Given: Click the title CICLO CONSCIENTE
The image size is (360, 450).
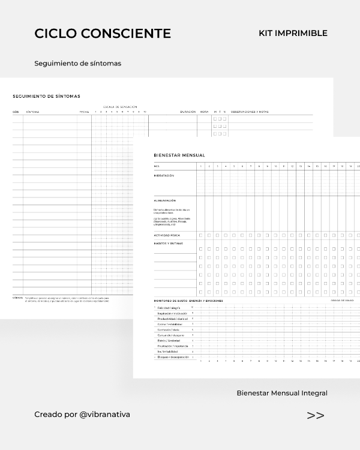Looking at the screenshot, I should click(x=103, y=34).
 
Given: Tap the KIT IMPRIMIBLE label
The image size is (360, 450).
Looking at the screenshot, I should click(x=293, y=34).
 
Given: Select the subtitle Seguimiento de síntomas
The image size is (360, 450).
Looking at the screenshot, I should click(x=78, y=63).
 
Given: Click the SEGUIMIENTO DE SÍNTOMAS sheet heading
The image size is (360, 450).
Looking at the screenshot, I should click(x=46, y=96).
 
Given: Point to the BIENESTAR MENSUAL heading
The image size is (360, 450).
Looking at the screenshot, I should click(x=175, y=155).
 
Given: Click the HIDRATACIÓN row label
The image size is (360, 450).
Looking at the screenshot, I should click(x=164, y=175).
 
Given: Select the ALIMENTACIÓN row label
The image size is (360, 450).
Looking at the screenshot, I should click(x=165, y=200).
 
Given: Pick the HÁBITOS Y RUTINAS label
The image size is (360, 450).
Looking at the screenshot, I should click(x=167, y=243).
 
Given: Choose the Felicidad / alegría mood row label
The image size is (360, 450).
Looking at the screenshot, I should click(x=172, y=307).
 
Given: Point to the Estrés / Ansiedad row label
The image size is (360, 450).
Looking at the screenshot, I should click(x=170, y=340).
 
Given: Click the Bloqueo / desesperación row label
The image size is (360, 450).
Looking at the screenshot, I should click(x=173, y=357).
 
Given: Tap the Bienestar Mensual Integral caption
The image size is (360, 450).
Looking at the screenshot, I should click(x=282, y=393).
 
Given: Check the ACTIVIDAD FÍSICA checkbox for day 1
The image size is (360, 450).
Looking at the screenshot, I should click(x=201, y=235).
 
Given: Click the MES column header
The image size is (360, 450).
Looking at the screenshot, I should click(x=157, y=166).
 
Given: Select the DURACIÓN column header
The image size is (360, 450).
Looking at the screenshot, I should click(x=188, y=112).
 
